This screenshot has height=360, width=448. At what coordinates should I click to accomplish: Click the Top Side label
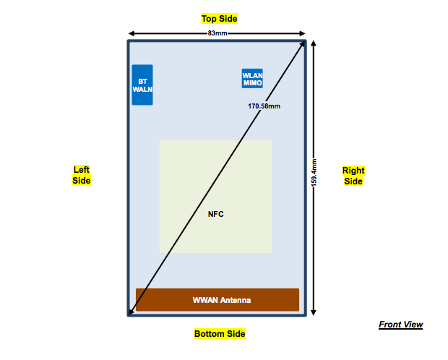[x=219, y=18]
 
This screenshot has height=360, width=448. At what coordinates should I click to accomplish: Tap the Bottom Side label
[x=219, y=334]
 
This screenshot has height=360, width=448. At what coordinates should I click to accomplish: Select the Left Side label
[x=82, y=176]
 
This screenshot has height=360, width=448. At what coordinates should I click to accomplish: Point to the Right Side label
[x=353, y=176]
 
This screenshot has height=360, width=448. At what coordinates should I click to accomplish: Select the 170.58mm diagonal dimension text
[x=264, y=106]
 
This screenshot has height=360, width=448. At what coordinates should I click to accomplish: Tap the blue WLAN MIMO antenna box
[x=252, y=79]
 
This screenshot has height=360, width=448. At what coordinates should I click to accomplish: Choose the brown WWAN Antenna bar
[x=217, y=300]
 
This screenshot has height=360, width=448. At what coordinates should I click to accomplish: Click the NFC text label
[x=216, y=214]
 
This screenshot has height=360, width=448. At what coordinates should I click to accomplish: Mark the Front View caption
[x=401, y=325]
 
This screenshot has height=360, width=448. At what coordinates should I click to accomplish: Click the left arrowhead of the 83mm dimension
[x=131, y=33]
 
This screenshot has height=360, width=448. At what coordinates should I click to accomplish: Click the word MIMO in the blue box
[x=252, y=84]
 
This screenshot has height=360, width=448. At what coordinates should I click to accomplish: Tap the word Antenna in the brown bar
[x=236, y=300]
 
